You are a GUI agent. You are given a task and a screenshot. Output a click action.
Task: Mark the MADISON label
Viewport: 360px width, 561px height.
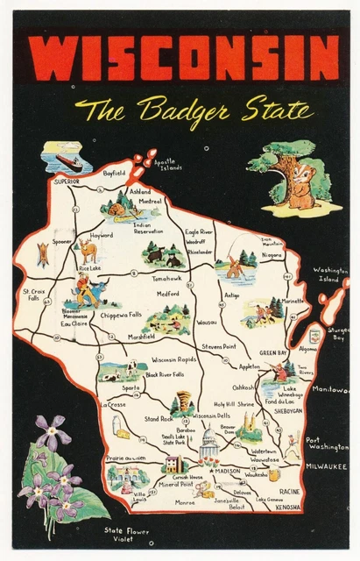pos(228,472)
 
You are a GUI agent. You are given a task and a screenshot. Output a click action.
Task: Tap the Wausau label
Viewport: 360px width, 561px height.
pos(207,323)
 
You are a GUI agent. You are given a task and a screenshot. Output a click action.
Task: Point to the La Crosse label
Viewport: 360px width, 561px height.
pos(113,405)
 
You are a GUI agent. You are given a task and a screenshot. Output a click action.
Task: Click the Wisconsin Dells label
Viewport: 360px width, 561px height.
pos(210,415)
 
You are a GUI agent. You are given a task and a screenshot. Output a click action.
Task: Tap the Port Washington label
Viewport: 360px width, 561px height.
pos(327,444)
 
